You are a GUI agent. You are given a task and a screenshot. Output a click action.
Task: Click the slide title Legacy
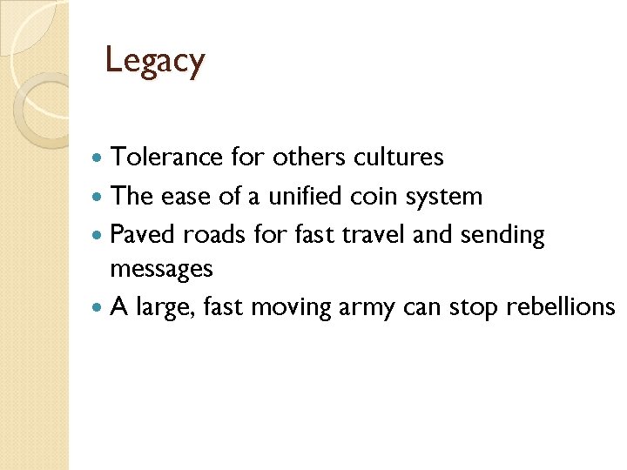(x=154, y=61)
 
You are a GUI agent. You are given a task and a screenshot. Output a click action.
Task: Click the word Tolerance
(x=167, y=158)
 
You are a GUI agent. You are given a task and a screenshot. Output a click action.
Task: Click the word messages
(x=161, y=270)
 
